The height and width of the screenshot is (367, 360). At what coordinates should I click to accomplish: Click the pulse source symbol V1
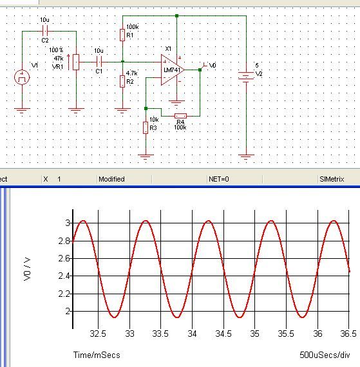coord(22,77)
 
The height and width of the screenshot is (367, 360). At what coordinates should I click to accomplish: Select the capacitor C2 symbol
coord(45,31)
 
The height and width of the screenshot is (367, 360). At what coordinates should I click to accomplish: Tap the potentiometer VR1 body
coord(76,62)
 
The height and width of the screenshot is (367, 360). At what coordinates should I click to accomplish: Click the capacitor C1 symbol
coord(99,62)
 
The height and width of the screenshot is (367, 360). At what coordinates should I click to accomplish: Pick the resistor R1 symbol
coord(122,35)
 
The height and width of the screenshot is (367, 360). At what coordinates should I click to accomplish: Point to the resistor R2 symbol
coord(122,82)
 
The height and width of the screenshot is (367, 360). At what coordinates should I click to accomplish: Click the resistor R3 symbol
coord(146,127)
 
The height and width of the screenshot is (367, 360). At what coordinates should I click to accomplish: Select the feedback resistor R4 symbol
coord(180,116)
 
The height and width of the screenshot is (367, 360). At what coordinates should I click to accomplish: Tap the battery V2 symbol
coord(246,75)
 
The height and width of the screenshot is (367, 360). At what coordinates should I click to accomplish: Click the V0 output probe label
coord(213,66)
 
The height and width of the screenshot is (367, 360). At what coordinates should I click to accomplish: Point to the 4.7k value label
coord(132,73)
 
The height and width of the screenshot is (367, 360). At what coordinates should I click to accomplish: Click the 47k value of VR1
coord(59,59)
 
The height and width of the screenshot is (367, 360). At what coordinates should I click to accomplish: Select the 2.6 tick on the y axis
coord(64,258)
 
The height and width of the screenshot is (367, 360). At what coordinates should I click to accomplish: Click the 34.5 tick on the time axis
coord(223,334)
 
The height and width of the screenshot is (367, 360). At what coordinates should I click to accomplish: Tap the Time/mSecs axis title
coord(97,355)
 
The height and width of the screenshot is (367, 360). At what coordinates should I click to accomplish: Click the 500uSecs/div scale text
coord(325,355)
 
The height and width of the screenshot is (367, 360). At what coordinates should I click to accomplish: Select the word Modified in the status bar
coord(111,179)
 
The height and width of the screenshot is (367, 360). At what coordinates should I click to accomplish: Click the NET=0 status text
coord(219,179)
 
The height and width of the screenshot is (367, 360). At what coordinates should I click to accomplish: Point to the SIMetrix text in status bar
coord(332,179)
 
